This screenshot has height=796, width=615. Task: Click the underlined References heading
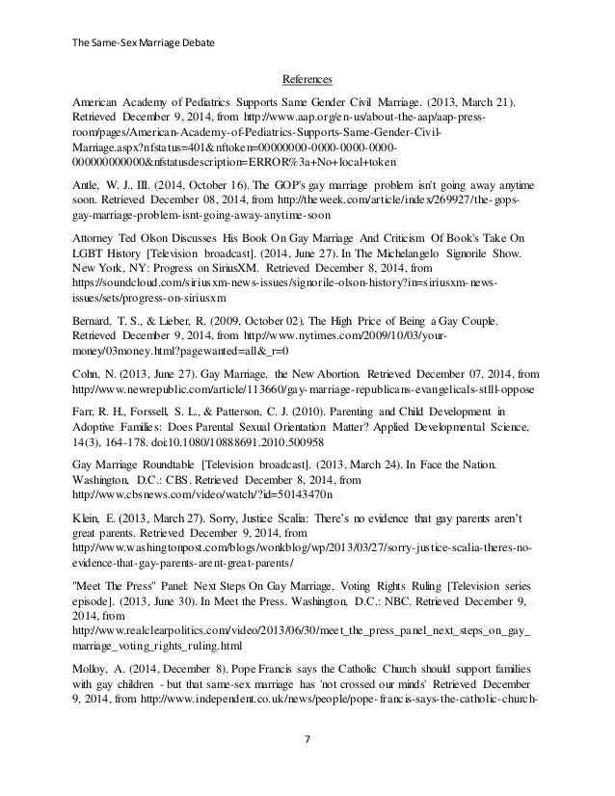coord(307,79)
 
